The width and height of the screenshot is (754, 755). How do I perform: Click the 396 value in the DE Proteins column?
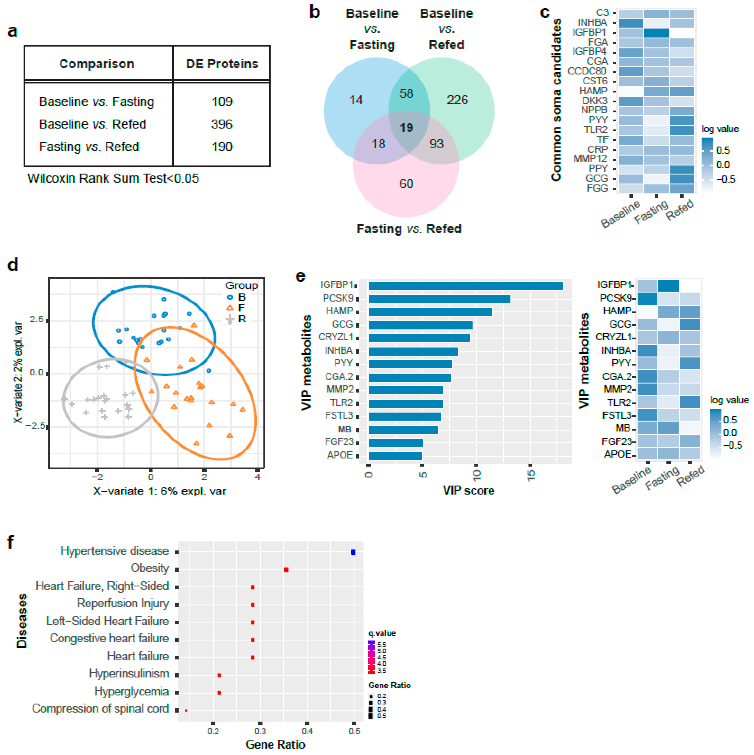pyautogui.click(x=222, y=124)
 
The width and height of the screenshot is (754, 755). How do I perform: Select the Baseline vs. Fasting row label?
pyautogui.click(x=96, y=102)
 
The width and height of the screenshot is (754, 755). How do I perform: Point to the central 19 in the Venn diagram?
pyautogui.click(x=406, y=128)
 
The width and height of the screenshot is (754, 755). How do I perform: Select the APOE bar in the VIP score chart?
pyautogui.click(x=395, y=456)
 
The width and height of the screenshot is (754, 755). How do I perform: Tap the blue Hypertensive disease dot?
pyautogui.click(x=353, y=552)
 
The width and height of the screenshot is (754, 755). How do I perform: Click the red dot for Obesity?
pyautogui.click(x=286, y=569)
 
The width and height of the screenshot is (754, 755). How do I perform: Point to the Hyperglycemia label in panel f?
pyautogui.click(x=131, y=691)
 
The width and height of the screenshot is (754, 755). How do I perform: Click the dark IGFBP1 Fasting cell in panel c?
pyautogui.click(x=656, y=33)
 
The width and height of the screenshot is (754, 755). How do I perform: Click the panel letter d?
pyautogui.click(x=13, y=265)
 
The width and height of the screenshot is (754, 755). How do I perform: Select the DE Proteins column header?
pyautogui.click(x=222, y=64)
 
